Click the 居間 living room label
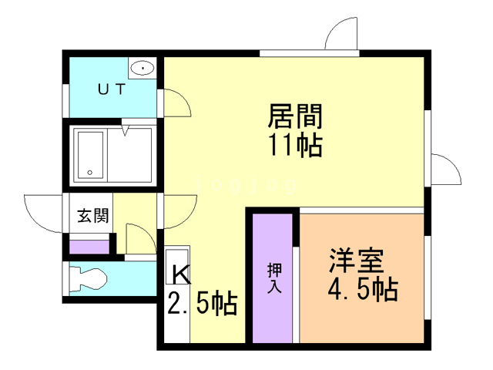(294, 117)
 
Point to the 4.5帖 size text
(362, 291)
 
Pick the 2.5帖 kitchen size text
(202, 304)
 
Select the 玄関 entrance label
(93, 215)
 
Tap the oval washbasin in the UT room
(144, 69)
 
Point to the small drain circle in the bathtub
(90, 172)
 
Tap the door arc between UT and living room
(175, 103)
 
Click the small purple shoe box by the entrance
(90, 247)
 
